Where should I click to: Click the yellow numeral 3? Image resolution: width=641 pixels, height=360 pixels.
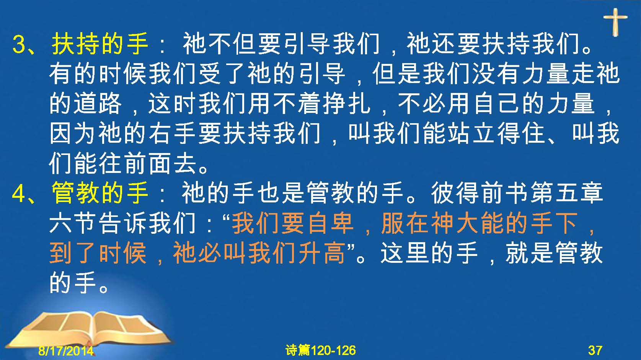coord(19,44)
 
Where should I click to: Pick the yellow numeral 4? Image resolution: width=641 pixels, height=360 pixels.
coord(19,194)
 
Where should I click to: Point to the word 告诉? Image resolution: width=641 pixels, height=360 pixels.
coord(123,223)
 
